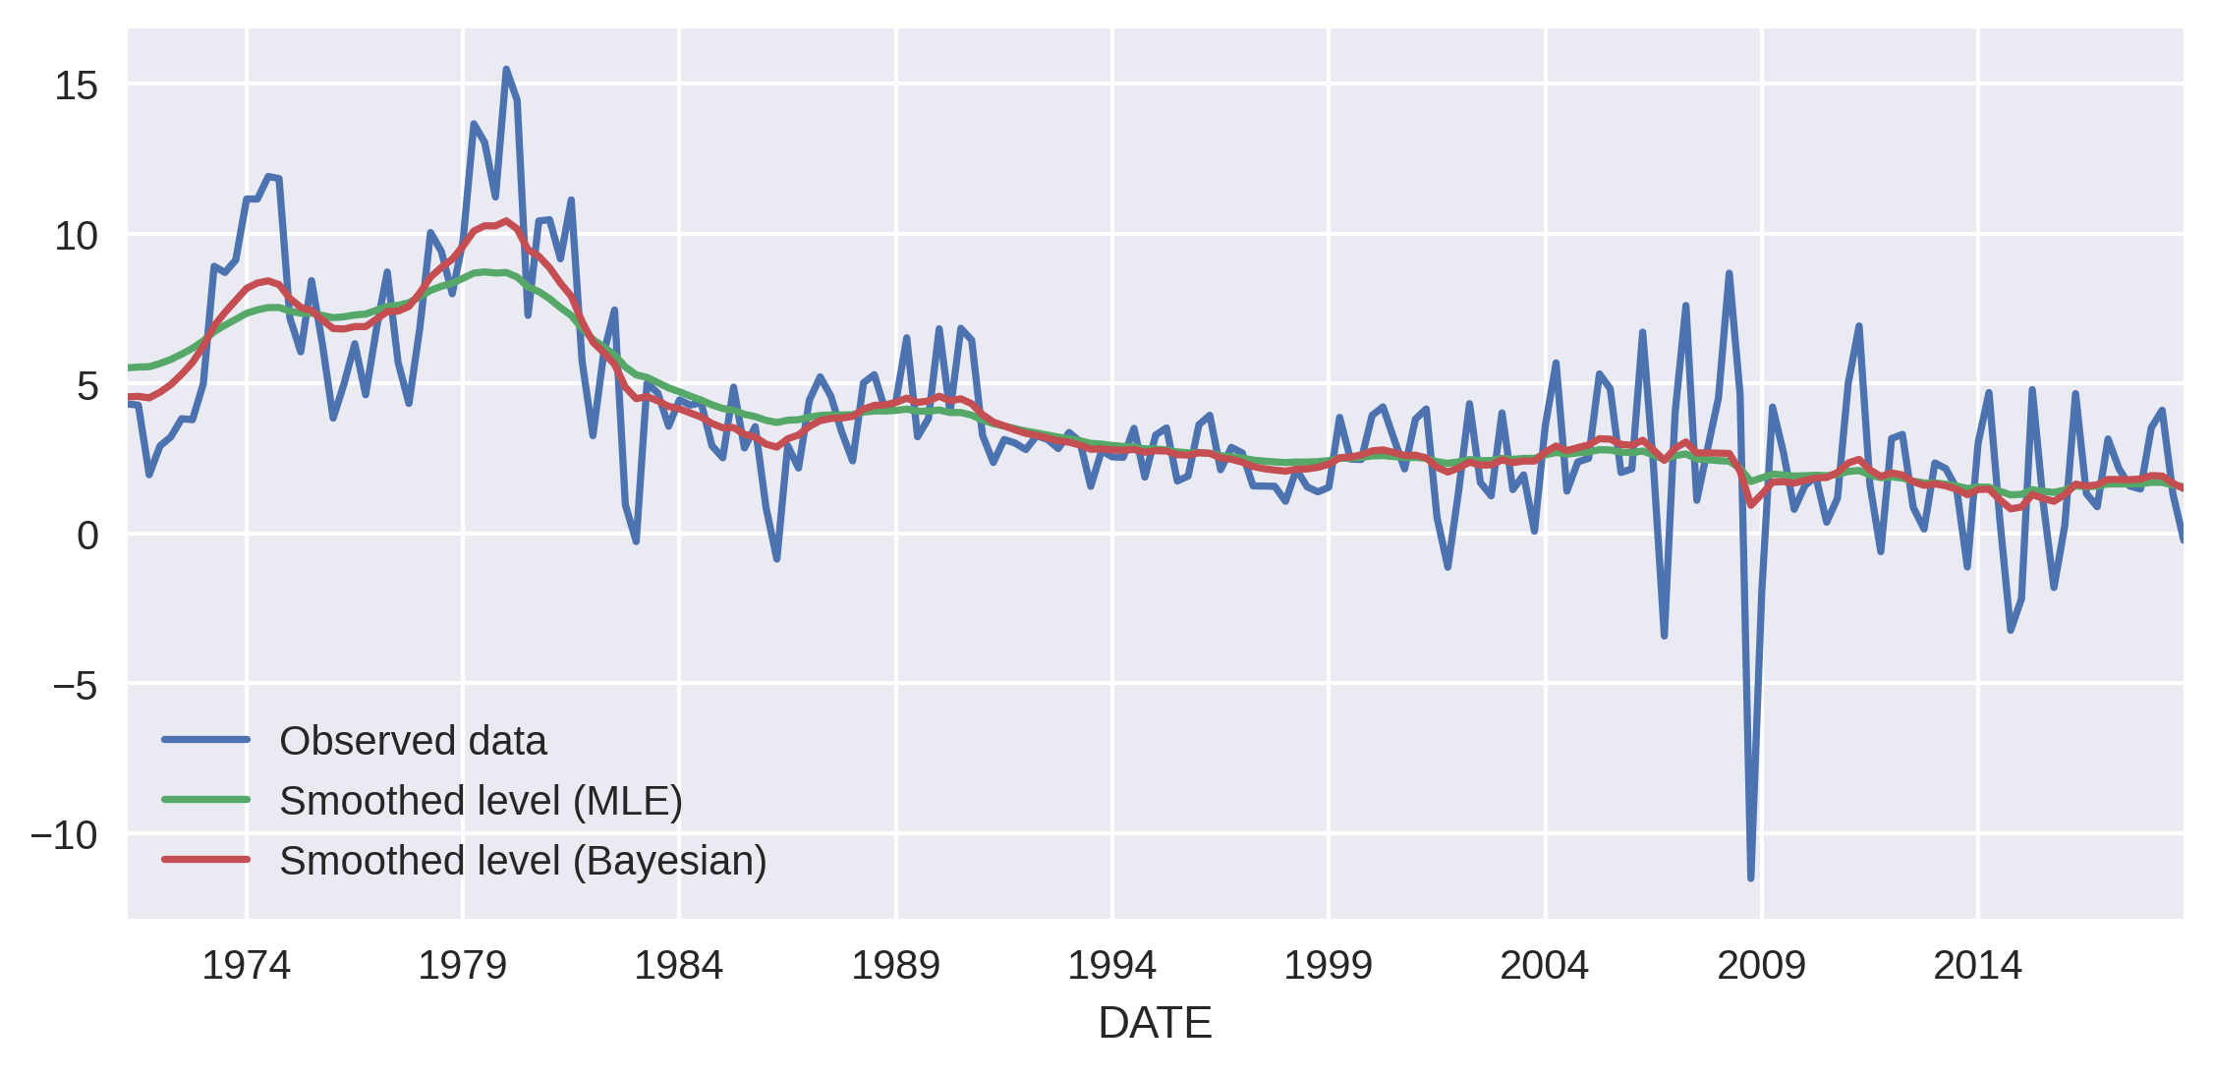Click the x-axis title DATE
click(x=1155, y=1024)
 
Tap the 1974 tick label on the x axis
click(x=246, y=966)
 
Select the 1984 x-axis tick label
click(x=678, y=966)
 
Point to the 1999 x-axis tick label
click(x=1328, y=966)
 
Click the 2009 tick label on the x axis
click(x=1761, y=966)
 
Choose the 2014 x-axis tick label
click(x=1977, y=966)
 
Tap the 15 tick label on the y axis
click(x=76, y=86)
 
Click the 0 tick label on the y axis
click(x=87, y=536)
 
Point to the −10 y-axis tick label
click(x=64, y=835)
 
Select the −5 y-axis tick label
click(x=76, y=686)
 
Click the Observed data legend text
click(x=413, y=741)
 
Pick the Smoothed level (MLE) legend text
click(x=481, y=801)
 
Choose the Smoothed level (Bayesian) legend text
click(x=523, y=861)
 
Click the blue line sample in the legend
click(x=206, y=740)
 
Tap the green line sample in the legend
click(x=206, y=800)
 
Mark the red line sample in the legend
click(x=206, y=860)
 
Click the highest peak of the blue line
click(x=506, y=70)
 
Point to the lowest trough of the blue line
click(x=1751, y=878)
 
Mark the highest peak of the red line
click(x=506, y=221)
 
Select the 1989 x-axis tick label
click(x=895, y=966)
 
